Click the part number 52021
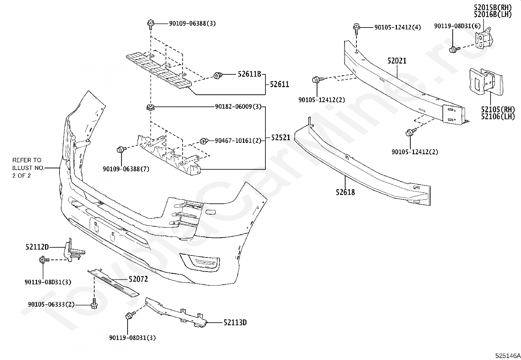click(x=397, y=61)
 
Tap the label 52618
click(x=345, y=192)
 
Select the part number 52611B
click(x=249, y=75)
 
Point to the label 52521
click(x=280, y=138)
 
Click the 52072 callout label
click(x=138, y=279)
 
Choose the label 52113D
click(x=235, y=323)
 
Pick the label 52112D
click(x=37, y=247)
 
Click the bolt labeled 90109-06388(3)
click(x=150, y=24)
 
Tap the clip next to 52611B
click(x=217, y=76)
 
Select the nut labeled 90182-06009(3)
click(x=151, y=107)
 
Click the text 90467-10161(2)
click(x=238, y=141)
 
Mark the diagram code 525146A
click(x=507, y=356)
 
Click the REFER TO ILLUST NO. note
click(x=27, y=168)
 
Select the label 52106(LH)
click(x=498, y=116)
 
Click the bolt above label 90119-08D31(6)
click(x=453, y=50)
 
